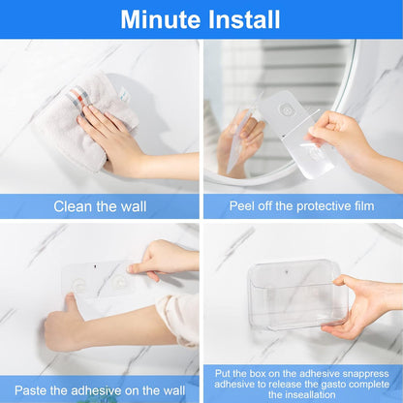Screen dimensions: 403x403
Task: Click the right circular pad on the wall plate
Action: pyautogui.click(x=121, y=284)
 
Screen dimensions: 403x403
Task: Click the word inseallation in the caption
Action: pyautogui.click(x=302, y=395)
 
